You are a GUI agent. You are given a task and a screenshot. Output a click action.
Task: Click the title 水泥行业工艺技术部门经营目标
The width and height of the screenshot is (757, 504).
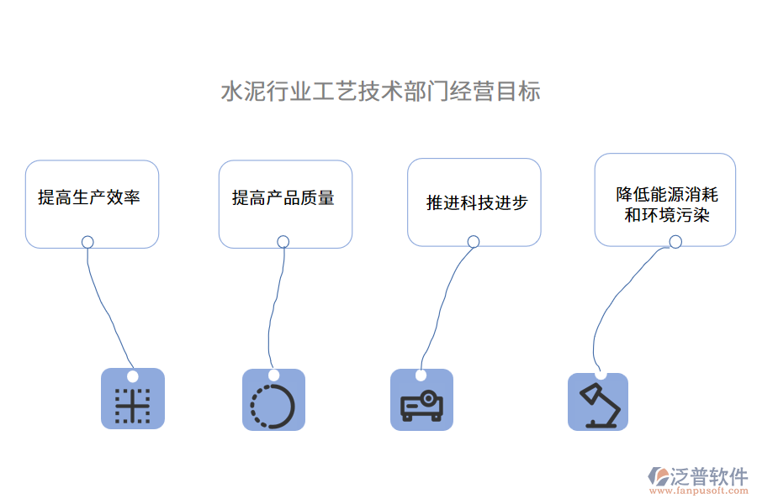click(x=380, y=92)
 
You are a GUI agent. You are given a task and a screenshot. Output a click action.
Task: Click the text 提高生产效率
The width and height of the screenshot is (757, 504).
click(x=89, y=198)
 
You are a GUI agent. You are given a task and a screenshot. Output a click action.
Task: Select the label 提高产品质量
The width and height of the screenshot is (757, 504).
click(x=283, y=198)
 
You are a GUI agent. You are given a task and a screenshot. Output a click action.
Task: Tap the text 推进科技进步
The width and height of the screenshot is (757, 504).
click(x=477, y=202)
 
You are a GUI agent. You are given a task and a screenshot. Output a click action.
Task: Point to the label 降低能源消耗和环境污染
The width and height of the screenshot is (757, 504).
click(x=666, y=205)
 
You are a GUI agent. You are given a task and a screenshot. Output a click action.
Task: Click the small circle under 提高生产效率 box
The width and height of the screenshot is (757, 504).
click(x=87, y=242)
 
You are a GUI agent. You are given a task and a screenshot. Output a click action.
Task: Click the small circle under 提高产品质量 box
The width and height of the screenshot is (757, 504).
click(x=283, y=242)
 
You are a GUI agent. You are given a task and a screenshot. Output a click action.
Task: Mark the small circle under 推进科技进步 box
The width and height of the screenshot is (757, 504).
click(x=474, y=242)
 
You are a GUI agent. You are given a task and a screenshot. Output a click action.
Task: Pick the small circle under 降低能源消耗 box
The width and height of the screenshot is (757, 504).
click(x=675, y=242)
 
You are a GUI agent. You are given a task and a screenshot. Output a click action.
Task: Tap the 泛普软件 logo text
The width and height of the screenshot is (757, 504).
click(x=709, y=476)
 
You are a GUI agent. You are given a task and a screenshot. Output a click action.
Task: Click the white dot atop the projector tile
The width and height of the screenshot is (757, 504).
click(x=421, y=375)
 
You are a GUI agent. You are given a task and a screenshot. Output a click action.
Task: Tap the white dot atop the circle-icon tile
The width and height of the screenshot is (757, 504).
click(x=273, y=375)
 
